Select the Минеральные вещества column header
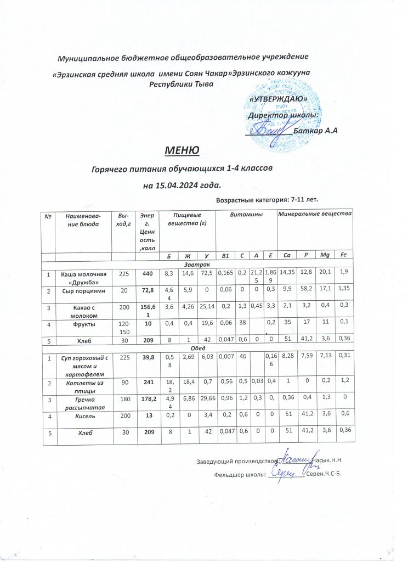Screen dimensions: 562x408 coord(315,212)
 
